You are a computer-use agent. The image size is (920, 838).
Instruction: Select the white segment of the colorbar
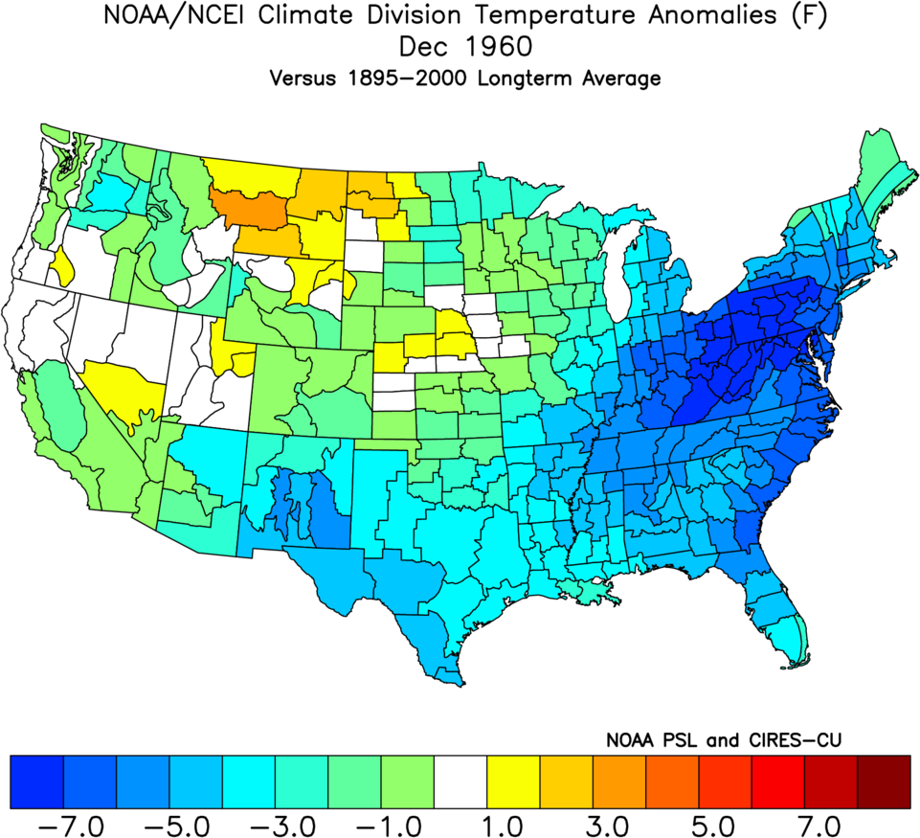click(x=460, y=781)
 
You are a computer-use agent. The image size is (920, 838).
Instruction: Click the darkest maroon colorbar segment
click(x=884, y=781)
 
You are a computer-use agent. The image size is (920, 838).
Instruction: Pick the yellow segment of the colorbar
click(x=513, y=781)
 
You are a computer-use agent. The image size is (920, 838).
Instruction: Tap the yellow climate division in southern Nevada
click(x=124, y=383)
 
